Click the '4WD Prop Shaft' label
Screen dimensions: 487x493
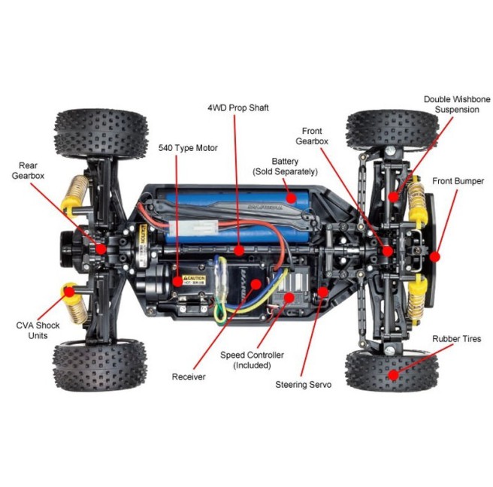pos(237,107)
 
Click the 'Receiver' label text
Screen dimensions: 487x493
pos(188,377)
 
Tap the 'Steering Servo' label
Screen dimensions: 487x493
pos(304,384)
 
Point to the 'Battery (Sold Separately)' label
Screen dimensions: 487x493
pos(284,166)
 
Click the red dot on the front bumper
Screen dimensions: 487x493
pos(435,256)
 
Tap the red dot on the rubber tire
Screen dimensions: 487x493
pos(390,372)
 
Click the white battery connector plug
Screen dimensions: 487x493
pos(184,228)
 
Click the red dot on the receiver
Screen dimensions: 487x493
pos(256,284)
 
